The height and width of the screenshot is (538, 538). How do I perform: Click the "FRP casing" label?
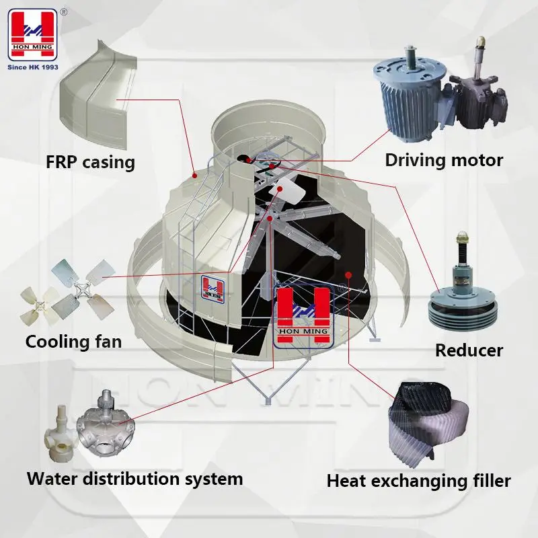(91, 162)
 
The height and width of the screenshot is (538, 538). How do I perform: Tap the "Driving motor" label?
(444, 160)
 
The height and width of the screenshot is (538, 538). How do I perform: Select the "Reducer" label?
(469, 350)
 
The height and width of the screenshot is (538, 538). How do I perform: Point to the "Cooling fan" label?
(74, 342)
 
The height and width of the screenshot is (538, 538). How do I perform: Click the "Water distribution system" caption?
(134, 479)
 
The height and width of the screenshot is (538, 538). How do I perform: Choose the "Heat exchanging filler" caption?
(418, 481)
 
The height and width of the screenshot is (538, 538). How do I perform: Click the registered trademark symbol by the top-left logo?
(63, 11)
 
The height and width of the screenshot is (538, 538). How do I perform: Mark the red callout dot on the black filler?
(348, 274)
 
